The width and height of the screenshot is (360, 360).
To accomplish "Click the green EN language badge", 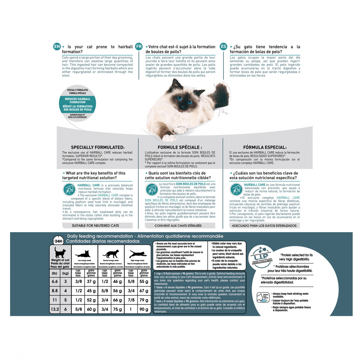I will point(57,47).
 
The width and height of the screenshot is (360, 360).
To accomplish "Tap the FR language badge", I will point(139,47).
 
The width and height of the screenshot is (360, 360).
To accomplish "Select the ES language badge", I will point(224,47).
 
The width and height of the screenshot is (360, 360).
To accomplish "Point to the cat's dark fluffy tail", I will point(218,95).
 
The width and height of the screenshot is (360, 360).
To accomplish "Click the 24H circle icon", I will point(58,241).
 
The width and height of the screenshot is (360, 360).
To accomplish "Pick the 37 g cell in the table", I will point(91,281).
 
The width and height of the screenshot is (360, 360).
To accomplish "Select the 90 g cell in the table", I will point(144,309).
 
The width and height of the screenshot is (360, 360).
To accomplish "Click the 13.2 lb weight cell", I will point(55,309).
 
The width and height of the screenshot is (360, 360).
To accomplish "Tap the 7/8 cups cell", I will point(131,300).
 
